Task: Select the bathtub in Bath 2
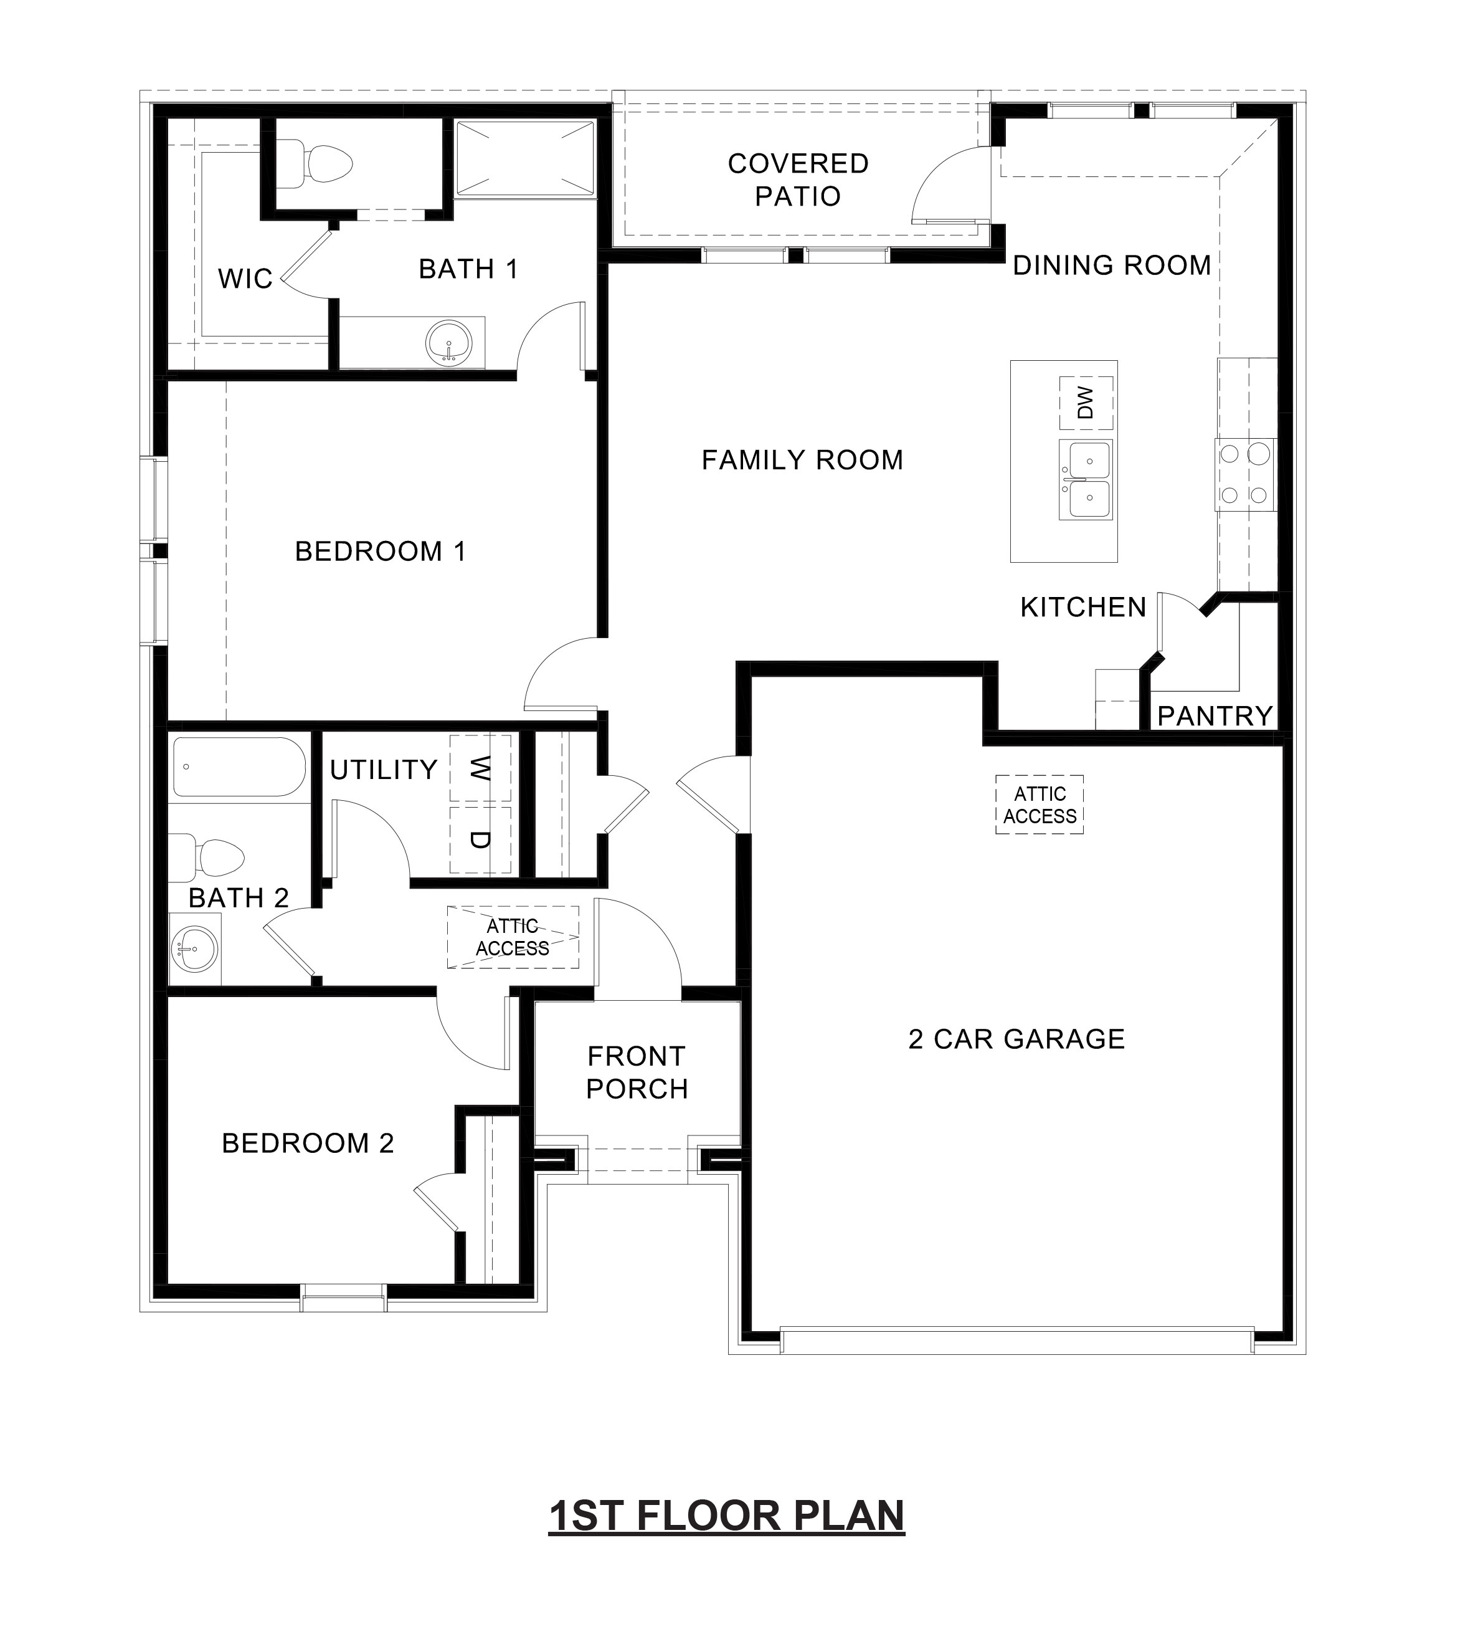tap(239, 767)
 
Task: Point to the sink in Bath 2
tap(194, 948)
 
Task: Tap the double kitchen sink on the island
tap(1086, 480)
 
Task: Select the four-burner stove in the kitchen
tap(1244, 474)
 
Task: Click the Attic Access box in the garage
tap(1040, 805)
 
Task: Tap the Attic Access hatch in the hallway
tap(513, 937)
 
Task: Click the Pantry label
tap(1215, 716)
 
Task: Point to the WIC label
tap(245, 279)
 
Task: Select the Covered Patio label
tap(798, 179)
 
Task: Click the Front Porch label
tap(637, 1072)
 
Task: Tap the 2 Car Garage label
tap(1016, 1039)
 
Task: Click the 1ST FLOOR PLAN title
tap(726, 1516)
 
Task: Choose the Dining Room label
tap(1111, 265)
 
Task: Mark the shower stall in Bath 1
tap(525, 158)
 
